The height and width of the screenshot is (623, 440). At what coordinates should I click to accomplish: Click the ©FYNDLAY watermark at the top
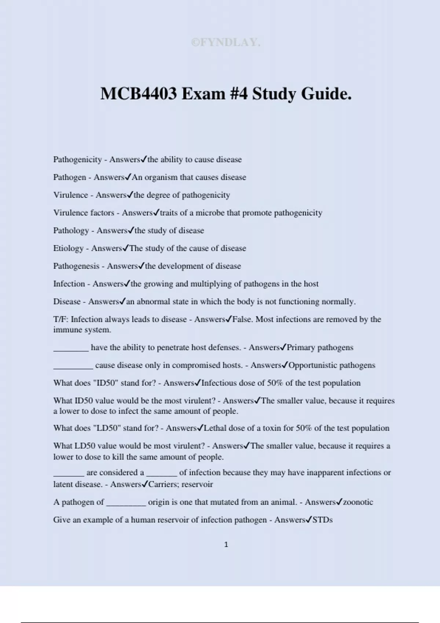tap(225, 43)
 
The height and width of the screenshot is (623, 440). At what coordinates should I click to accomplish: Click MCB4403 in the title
tap(138, 94)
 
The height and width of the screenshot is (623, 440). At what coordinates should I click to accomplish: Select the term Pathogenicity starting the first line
tap(77, 159)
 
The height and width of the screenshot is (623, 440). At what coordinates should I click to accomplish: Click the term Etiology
tap(68, 248)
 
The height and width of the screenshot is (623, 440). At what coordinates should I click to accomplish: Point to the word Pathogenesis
tap(76, 266)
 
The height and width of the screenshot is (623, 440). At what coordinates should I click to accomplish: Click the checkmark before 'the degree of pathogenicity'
tap(130, 195)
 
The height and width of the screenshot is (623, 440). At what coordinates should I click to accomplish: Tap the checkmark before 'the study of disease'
tap(131, 230)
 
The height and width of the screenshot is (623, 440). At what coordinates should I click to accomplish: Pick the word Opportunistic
tap(313, 365)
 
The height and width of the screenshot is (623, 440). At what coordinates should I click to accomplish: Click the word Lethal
tap(215, 428)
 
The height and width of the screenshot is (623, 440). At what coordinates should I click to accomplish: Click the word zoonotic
tap(358, 502)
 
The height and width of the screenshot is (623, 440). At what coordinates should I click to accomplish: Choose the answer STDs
tap(322, 520)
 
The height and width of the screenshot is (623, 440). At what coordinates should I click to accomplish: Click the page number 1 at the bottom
tap(226, 545)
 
